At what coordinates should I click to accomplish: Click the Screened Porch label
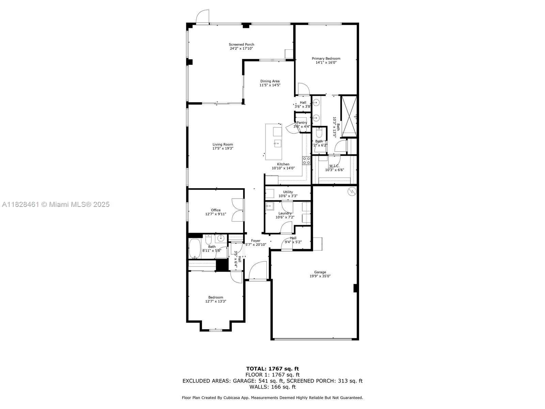(241, 44)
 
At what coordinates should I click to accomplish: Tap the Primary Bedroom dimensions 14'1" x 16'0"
(326, 63)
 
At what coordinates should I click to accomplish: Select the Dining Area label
(270, 81)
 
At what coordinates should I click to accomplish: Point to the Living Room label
(223, 145)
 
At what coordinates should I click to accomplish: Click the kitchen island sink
(278, 143)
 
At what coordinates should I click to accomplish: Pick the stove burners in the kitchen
(306, 161)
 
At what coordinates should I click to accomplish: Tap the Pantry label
(302, 123)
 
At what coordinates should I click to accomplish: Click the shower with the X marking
(349, 117)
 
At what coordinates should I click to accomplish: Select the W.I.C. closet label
(334, 166)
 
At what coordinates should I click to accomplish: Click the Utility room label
(288, 192)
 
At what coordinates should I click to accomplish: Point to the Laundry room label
(285, 213)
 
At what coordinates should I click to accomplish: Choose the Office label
(216, 210)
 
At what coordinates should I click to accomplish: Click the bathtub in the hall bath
(195, 248)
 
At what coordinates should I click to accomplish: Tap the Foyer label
(255, 241)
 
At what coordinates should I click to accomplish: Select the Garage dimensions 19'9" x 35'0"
(320, 276)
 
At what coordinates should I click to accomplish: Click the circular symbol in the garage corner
(351, 192)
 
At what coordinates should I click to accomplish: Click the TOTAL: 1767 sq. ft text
(272, 368)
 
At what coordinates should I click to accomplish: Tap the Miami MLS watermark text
(56, 204)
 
